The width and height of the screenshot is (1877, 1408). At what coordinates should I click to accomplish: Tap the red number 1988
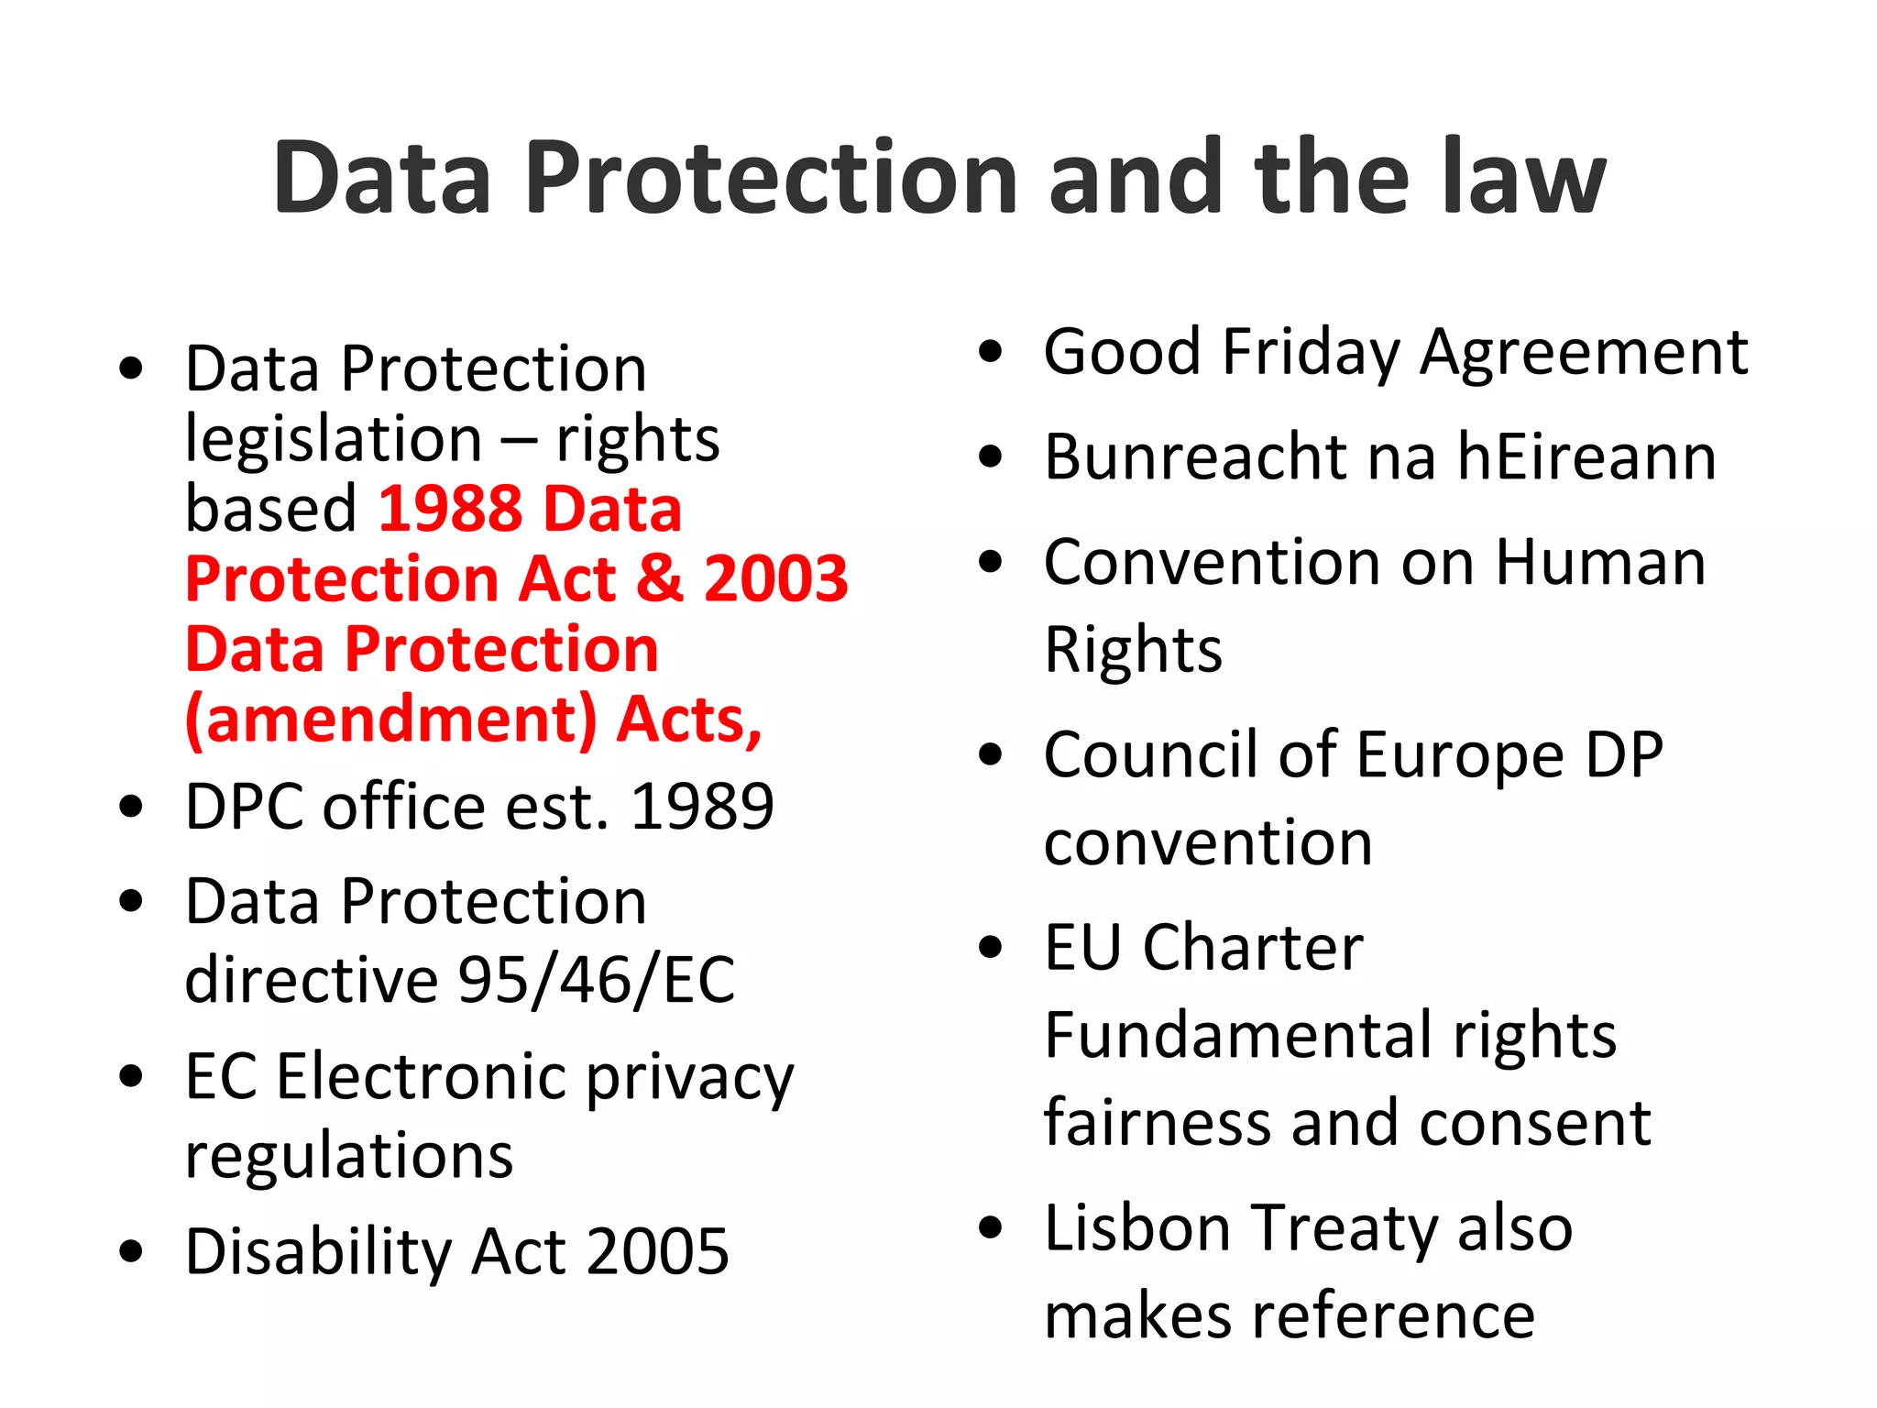450,509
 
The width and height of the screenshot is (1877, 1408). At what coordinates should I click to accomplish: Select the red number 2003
776,579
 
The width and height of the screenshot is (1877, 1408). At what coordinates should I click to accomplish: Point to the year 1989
703,808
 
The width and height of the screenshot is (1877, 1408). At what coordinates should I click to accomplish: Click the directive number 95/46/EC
597,980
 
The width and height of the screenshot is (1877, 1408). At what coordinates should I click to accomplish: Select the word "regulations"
349,1155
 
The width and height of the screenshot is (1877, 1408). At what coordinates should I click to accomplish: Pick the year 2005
658,1252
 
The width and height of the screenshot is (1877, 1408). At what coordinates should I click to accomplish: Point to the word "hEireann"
1586,457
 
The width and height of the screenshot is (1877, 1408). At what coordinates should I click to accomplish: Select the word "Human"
1600,562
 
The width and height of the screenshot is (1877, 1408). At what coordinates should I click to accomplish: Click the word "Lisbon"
1137,1228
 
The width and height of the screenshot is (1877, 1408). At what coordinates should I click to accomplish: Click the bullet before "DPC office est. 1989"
131,807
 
